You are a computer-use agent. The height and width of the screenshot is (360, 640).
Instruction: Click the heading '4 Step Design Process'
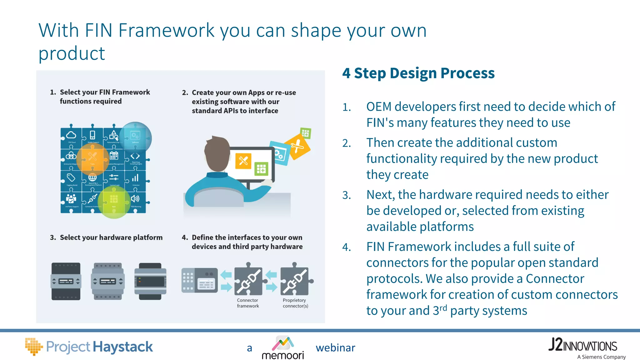418,73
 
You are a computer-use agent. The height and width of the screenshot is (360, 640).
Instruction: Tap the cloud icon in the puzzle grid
71,135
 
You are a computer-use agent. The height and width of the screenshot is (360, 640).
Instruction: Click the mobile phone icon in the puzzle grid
92,135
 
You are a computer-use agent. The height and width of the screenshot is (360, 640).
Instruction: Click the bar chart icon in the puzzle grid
135,178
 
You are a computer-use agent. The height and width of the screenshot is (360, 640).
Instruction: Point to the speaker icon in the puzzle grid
135,199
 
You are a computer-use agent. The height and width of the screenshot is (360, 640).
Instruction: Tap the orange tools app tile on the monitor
243,161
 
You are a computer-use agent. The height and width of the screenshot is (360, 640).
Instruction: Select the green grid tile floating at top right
305,133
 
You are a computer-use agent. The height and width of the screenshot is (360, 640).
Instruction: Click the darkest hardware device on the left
66,281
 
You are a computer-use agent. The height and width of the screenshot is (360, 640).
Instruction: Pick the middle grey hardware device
108,281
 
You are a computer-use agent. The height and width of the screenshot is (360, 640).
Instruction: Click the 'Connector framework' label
248,303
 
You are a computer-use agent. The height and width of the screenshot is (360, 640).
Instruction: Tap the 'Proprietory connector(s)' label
295,303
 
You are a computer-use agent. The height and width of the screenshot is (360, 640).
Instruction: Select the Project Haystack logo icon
33,346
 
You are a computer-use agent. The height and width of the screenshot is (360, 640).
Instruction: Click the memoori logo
283,347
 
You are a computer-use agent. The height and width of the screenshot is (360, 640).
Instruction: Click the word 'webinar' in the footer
335,348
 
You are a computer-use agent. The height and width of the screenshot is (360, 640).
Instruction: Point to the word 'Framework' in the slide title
166,31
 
